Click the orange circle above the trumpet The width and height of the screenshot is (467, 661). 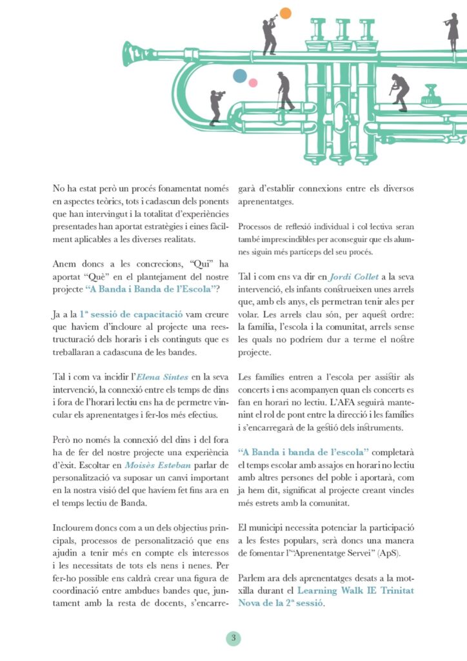(x=286, y=12)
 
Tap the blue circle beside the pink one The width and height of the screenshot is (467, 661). (x=240, y=76)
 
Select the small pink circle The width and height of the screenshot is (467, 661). (x=253, y=83)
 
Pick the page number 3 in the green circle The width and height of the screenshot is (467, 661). (x=234, y=638)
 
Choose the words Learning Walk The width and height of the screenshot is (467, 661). (x=331, y=591)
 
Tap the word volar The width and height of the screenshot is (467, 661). (x=250, y=301)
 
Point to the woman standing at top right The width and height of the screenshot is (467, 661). (x=452, y=29)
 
